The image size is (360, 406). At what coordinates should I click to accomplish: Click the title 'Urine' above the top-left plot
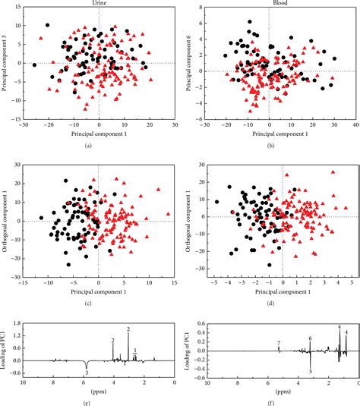(x=99, y=4)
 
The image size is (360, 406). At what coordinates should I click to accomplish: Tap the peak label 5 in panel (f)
(x=310, y=372)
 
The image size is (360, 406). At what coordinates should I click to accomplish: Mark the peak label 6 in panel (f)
(x=310, y=338)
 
